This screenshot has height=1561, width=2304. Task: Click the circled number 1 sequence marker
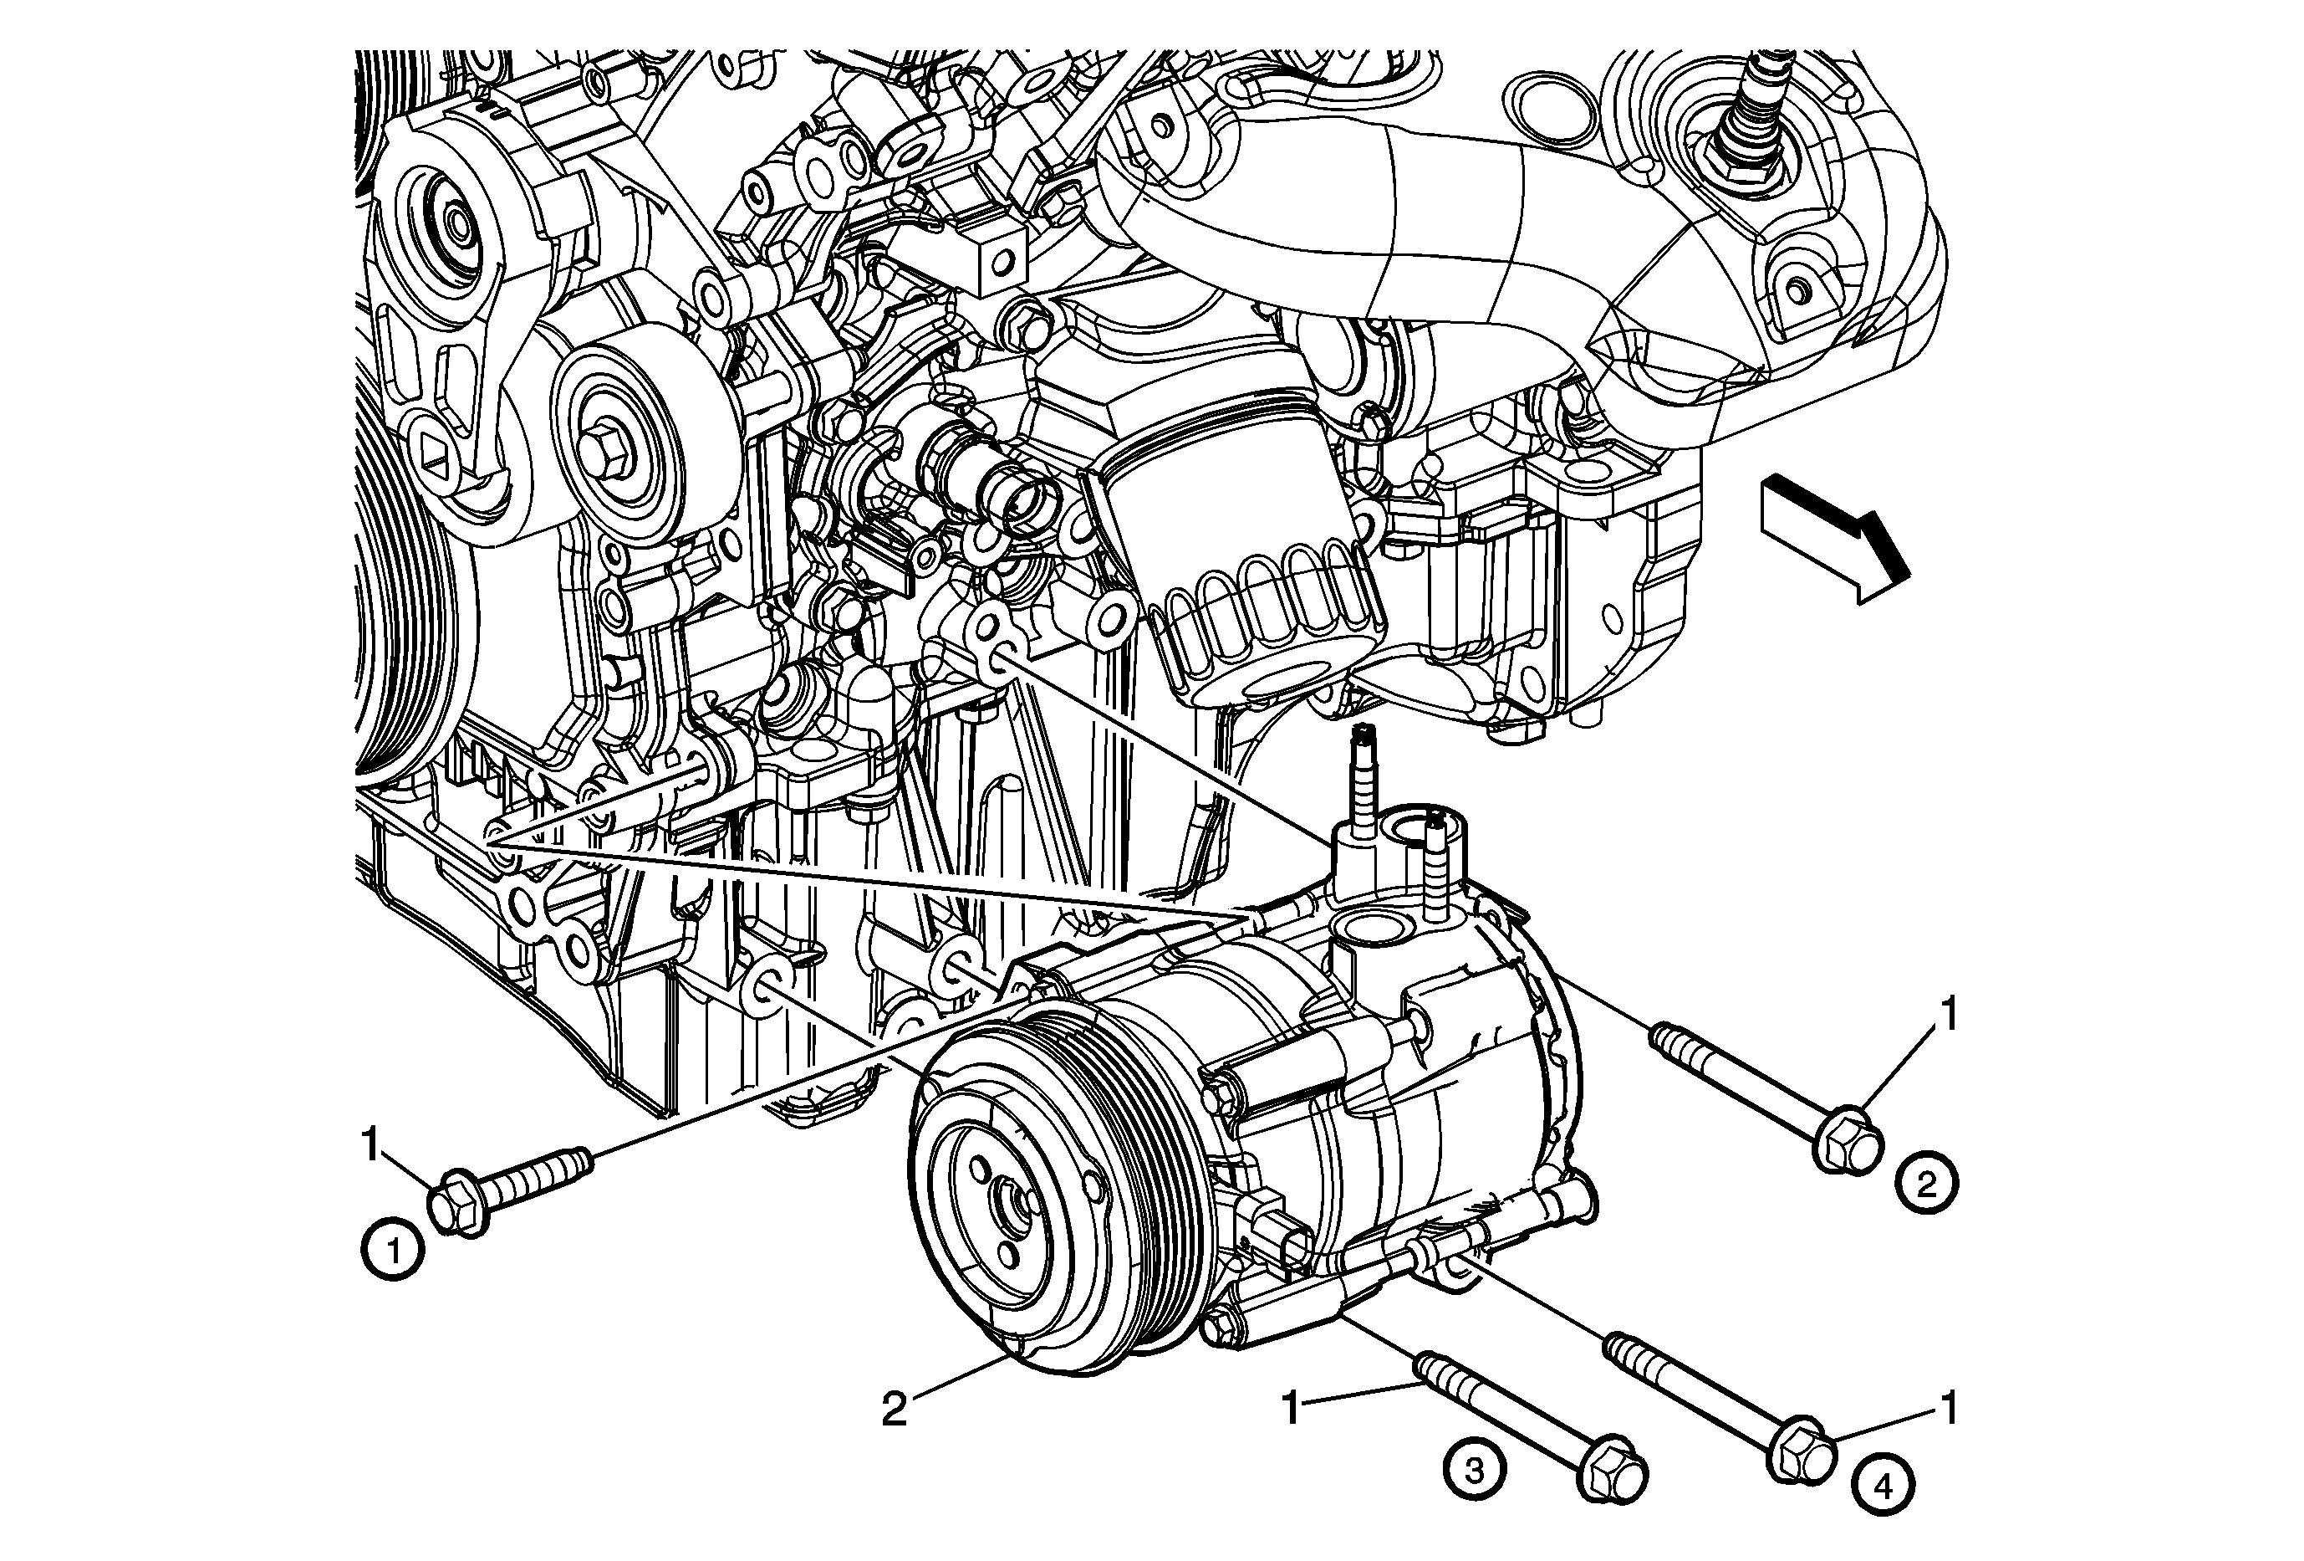394,1252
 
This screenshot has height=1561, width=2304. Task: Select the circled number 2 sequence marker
1926,1183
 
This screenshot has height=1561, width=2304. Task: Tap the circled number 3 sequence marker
1474,1469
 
